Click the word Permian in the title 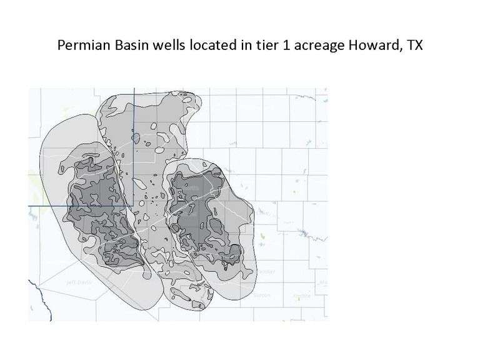click(x=81, y=46)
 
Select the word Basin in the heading click(x=127, y=46)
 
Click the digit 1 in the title click(x=269, y=46)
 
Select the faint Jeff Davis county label click(x=78, y=282)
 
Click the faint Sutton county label click(x=262, y=295)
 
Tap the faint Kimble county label click(x=302, y=296)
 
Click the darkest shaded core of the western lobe click(x=94, y=206)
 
